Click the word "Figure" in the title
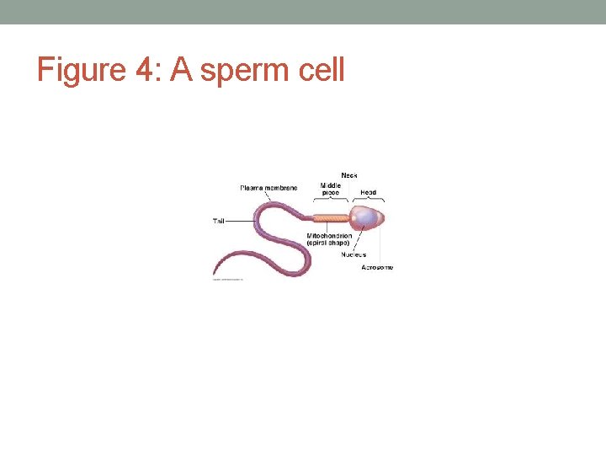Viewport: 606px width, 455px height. coord(81,69)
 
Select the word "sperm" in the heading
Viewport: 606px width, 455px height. coord(247,71)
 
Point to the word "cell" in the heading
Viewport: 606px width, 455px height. coord(322,69)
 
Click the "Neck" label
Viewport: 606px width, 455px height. coord(349,175)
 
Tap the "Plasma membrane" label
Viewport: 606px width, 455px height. coord(268,187)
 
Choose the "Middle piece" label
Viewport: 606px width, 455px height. coord(330,189)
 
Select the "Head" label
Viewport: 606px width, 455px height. coord(368,192)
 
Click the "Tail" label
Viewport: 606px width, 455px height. coord(219,221)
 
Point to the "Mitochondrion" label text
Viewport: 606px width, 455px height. coord(329,236)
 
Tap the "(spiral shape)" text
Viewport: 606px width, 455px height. coord(328,244)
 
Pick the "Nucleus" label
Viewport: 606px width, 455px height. coord(353,254)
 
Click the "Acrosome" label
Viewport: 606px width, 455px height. coord(377,267)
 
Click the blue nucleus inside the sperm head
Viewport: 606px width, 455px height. coord(365,218)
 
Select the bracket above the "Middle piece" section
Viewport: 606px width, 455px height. coord(330,200)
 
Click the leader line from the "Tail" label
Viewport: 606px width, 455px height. coord(240,221)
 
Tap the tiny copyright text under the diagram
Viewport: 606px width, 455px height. coord(227,280)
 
